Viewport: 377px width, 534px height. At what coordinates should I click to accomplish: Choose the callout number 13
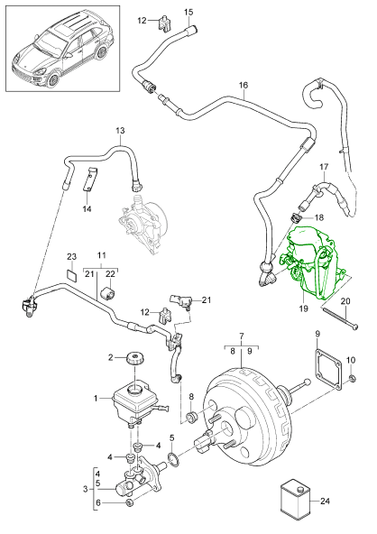119,131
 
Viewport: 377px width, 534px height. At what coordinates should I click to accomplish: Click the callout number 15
188,12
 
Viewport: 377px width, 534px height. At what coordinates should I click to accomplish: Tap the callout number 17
324,167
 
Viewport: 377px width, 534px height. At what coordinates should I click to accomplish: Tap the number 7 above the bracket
239,336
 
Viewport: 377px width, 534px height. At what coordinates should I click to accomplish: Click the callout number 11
102,257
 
